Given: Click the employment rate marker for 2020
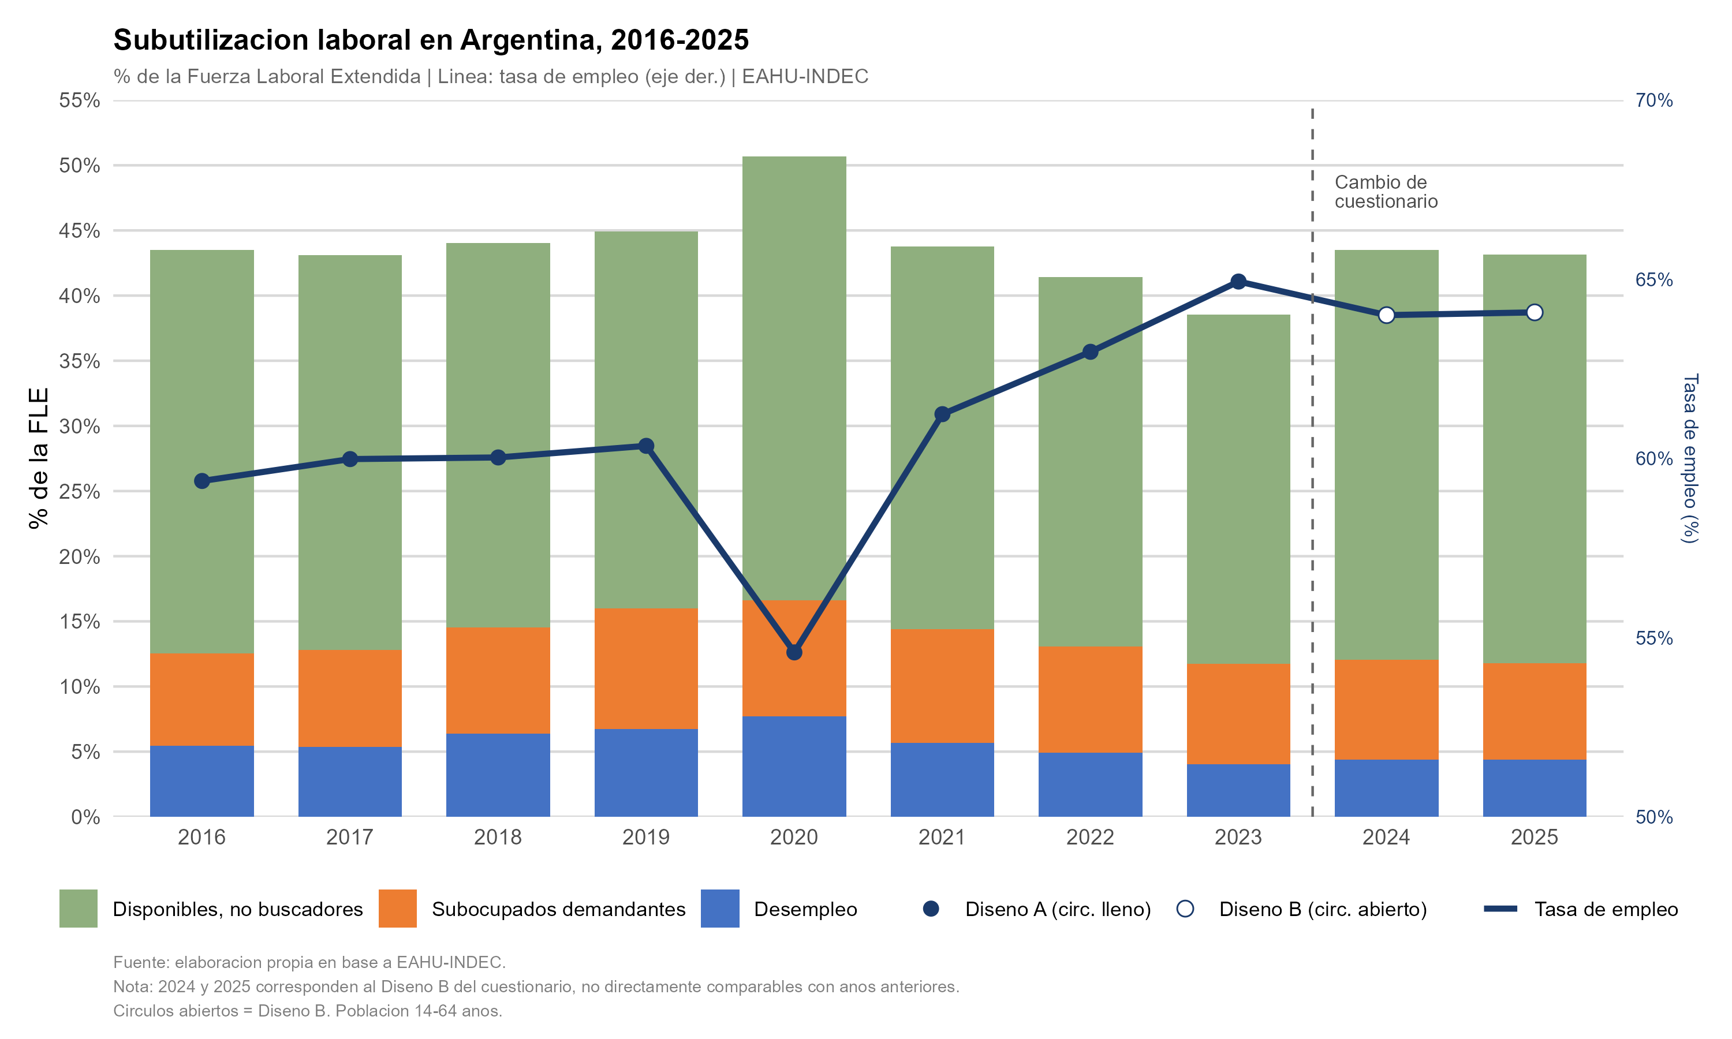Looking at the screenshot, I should tap(794, 652).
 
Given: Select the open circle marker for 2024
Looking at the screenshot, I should tap(1386, 315).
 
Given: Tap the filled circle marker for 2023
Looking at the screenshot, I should tap(1238, 282).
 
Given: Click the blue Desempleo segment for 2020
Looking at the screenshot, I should tap(794, 766).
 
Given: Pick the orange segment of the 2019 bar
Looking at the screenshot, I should tap(645, 668).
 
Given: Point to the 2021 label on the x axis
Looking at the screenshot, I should tap(942, 836).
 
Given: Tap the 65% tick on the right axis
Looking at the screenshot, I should tap(1653, 280).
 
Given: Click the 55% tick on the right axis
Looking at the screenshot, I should tap(1653, 638).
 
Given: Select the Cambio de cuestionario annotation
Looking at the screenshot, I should tap(1386, 192).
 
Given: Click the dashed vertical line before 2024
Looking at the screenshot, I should tap(1312, 490).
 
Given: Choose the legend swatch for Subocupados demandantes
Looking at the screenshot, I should tap(397, 909).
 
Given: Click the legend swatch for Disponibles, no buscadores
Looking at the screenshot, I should tap(78, 909).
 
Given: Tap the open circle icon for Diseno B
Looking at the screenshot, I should tap(1185, 909).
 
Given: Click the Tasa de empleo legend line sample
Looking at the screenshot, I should tap(1499, 909).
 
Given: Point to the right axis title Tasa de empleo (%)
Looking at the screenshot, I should tap(1689, 458).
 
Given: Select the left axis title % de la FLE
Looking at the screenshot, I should tap(39, 458).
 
